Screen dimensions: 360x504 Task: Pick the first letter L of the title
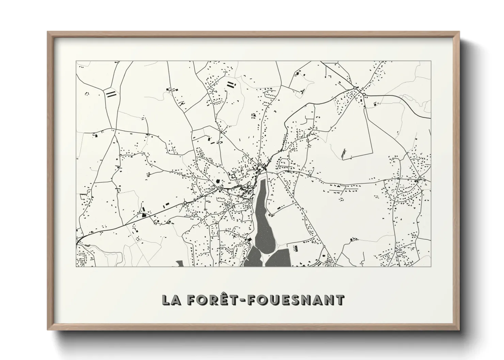167,300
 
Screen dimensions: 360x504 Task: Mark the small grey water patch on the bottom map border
179,263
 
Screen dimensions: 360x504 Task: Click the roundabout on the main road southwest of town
185,202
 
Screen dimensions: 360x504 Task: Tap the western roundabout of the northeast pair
355,88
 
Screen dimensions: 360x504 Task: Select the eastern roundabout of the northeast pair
364,94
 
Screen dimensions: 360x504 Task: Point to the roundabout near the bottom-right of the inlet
324,247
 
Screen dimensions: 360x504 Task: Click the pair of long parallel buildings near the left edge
111,94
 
